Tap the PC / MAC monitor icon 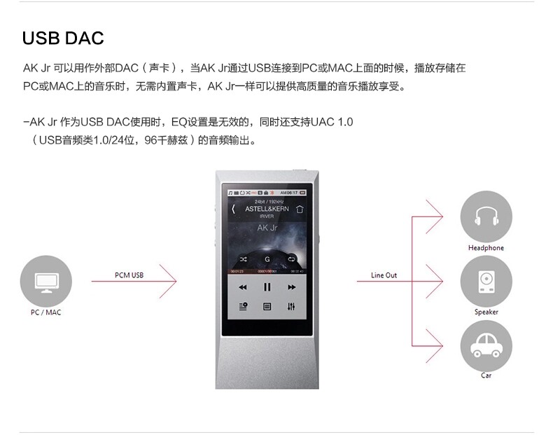46,281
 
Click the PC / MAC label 46,312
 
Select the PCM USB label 129,275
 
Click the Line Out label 384,275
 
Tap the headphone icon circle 486,216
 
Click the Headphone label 486,248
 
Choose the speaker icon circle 486,281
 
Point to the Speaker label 486,312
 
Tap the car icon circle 486,345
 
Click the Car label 486,375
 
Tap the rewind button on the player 242,287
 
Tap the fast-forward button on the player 291,287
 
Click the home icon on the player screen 300,209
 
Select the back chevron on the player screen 233,209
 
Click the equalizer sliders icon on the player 291,307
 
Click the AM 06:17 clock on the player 288,192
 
